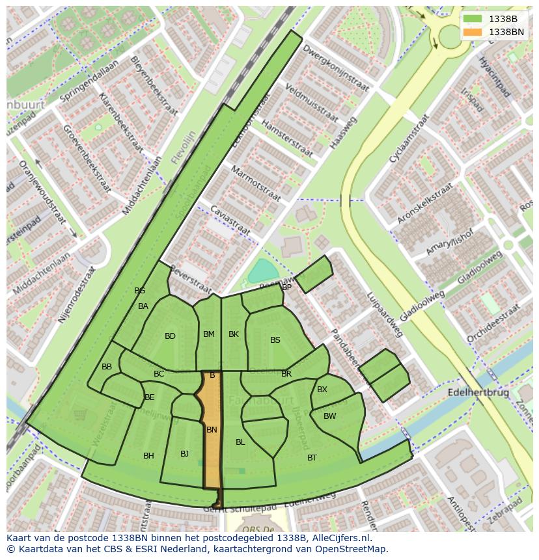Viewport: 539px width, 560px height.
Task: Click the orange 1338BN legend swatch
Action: [x=473, y=32]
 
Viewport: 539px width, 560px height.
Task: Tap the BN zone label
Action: [x=212, y=430]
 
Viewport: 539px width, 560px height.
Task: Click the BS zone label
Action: [x=275, y=340]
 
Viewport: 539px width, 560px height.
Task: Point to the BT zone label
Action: [x=312, y=458]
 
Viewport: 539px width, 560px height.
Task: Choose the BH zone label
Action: [x=148, y=456]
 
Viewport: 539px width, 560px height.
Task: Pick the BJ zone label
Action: [x=184, y=454]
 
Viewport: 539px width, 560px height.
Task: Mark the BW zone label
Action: [x=330, y=416]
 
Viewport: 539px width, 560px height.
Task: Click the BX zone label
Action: [x=322, y=390]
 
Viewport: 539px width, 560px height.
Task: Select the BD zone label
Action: [x=170, y=336]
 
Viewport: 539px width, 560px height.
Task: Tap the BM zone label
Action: [x=208, y=334]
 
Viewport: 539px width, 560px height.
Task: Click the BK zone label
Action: [x=234, y=334]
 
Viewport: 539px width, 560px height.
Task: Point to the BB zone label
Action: [x=107, y=367]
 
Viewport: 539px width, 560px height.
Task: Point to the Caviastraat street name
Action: [x=230, y=220]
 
